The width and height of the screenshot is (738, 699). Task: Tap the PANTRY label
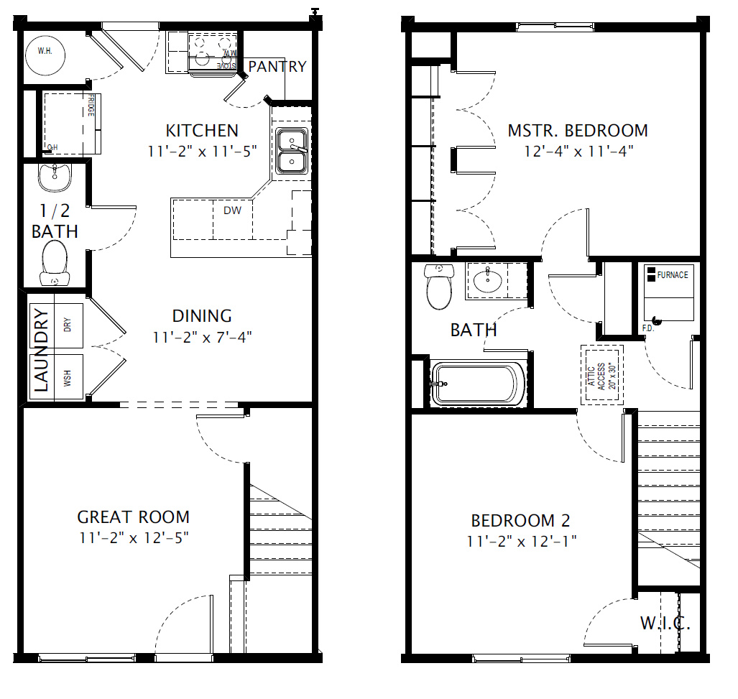coord(277,67)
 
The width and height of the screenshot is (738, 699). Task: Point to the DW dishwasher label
coord(232,210)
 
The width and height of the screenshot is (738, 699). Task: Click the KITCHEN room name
coord(202,131)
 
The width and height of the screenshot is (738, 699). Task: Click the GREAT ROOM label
coord(133,517)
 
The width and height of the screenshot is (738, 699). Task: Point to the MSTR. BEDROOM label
coord(578,131)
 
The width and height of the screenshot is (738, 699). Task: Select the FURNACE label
coord(672,275)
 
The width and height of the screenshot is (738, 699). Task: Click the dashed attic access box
coord(601,374)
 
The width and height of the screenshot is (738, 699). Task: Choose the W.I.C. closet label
coord(665,624)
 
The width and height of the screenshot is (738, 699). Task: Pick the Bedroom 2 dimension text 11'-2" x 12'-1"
coord(521,541)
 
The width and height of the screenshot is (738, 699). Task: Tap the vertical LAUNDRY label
coord(41,350)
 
